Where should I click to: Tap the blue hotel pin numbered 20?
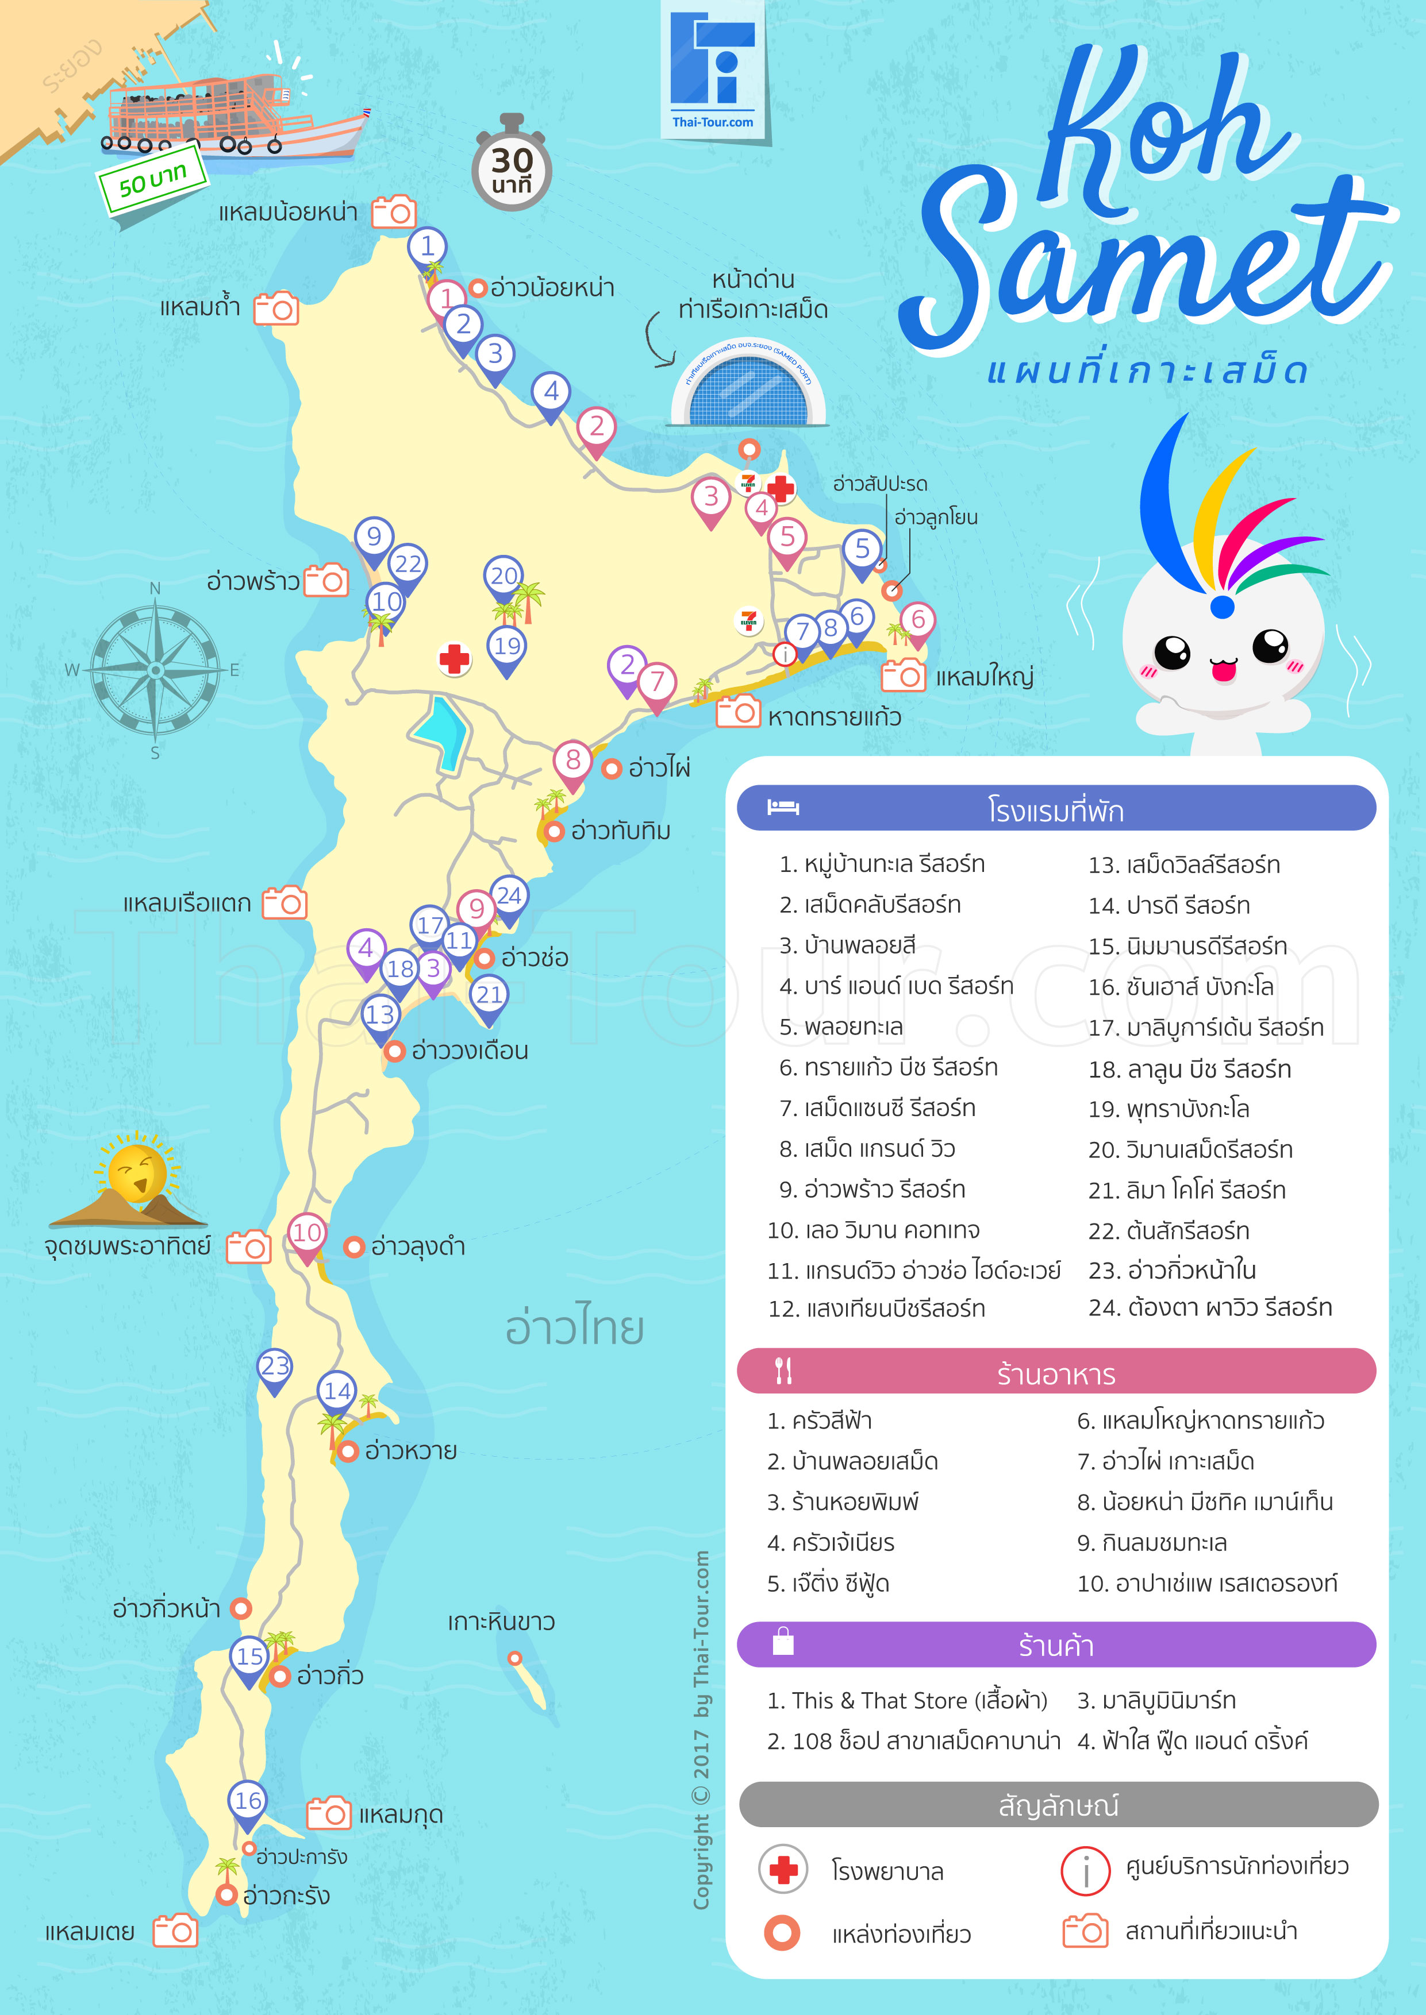coord(504,577)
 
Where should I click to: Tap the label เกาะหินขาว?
coord(501,1622)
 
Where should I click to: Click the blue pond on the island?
coord(441,731)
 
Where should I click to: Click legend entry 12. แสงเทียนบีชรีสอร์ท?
coord(877,1308)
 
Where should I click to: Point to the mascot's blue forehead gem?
coord(1221,605)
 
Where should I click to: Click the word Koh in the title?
coord(1159,132)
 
